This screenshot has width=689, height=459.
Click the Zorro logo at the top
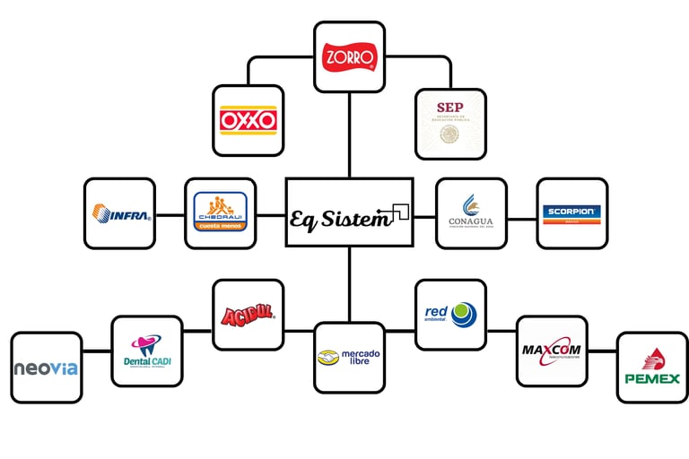[349, 57]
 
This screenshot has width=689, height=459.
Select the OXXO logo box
[249, 121]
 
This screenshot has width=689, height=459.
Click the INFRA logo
[119, 213]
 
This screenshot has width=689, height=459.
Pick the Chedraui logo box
[220, 213]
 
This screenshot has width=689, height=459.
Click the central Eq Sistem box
[349, 212]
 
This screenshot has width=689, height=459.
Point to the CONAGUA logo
[471, 213]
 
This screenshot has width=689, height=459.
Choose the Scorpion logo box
[572, 213]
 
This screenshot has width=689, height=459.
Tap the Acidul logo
[249, 315]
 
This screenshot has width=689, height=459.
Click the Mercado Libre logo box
[349, 358]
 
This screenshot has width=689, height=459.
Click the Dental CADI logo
[147, 351]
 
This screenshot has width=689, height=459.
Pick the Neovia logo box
[47, 367]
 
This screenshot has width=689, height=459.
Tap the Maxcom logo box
[552, 350]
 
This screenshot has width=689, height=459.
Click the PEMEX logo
[652, 367]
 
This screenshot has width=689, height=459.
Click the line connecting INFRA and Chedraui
[170, 214]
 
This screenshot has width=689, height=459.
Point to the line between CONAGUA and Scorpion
[521, 218]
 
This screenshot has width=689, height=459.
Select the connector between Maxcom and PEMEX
[602, 351]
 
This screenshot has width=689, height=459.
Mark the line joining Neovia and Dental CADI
[97, 349]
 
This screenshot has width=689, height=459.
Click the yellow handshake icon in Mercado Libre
[328, 358]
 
